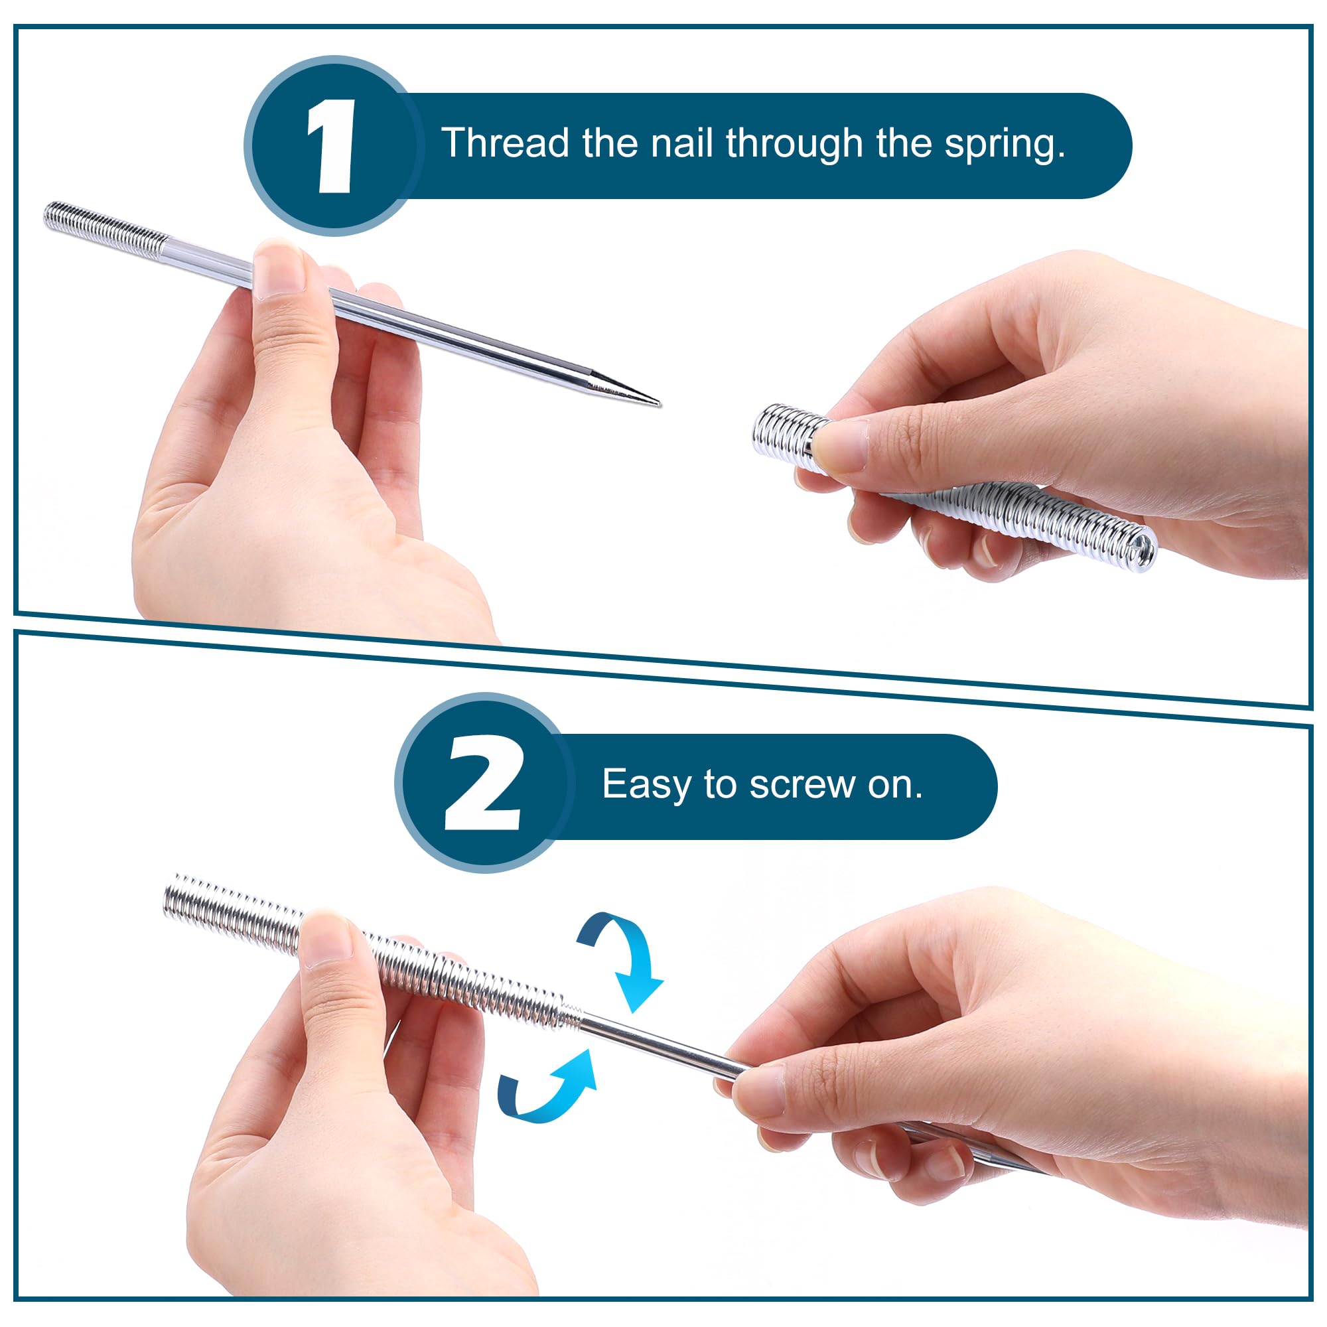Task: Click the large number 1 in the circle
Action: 332,145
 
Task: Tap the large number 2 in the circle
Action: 483,784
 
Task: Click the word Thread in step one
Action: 506,143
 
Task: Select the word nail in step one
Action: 681,143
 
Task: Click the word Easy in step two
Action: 646,784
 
